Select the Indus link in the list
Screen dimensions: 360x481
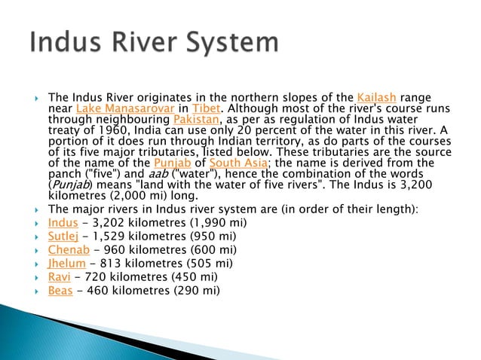(62, 223)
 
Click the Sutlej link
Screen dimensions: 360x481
(63, 236)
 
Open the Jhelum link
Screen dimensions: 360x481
(66, 264)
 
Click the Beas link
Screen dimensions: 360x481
(60, 291)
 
